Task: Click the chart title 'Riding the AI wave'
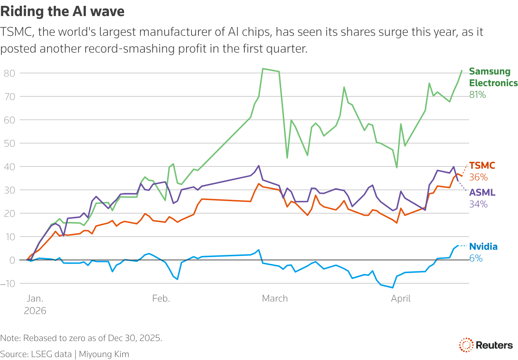pos(62,11)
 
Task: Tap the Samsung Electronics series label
pos(493,77)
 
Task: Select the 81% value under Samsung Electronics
pos(478,95)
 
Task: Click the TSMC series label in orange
pos(482,165)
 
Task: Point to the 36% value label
pos(478,177)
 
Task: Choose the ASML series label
pos(482,192)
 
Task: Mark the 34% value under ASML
pos(478,204)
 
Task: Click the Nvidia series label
pos(483,246)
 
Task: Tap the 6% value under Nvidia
pos(476,258)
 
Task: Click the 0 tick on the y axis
pos(12,260)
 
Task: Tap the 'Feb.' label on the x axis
pos(161,299)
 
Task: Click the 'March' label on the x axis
pos(275,299)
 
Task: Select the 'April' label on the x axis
pos(401,299)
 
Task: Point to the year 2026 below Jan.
pos(35,311)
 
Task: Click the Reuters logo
pos(486,345)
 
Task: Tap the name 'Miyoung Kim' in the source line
pos(104,354)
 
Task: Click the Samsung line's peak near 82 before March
pos(263,69)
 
